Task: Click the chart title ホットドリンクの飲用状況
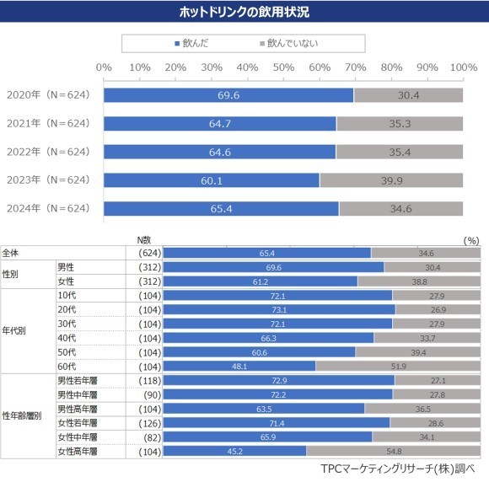click(244, 12)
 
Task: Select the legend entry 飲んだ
click(195, 42)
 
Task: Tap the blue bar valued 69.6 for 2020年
click(228, 95)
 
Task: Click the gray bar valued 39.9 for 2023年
click(391, 179)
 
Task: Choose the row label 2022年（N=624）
click(47, 152)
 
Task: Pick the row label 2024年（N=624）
click(47, 207)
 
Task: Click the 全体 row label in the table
click(12, 253)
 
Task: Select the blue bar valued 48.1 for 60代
click(239, 367)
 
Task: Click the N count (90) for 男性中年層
click(148, 394)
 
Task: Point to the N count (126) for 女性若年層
click(148, 423)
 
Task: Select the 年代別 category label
click(14, 331)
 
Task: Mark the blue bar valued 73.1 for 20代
click(278, 309)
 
